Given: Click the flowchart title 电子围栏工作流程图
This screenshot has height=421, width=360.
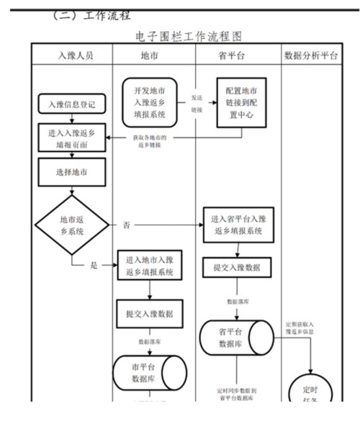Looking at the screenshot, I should [x=188, y=35].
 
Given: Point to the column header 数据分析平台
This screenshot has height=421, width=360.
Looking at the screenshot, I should [x=312, y=55].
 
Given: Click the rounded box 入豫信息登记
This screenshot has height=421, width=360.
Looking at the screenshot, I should [x=72, y=104].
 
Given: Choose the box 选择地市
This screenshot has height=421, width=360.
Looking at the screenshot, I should [x=72, y=171].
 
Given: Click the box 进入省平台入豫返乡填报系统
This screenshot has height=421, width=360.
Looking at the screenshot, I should [x=238, y=225].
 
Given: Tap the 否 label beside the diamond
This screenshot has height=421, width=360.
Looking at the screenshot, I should [x=127, y=225].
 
